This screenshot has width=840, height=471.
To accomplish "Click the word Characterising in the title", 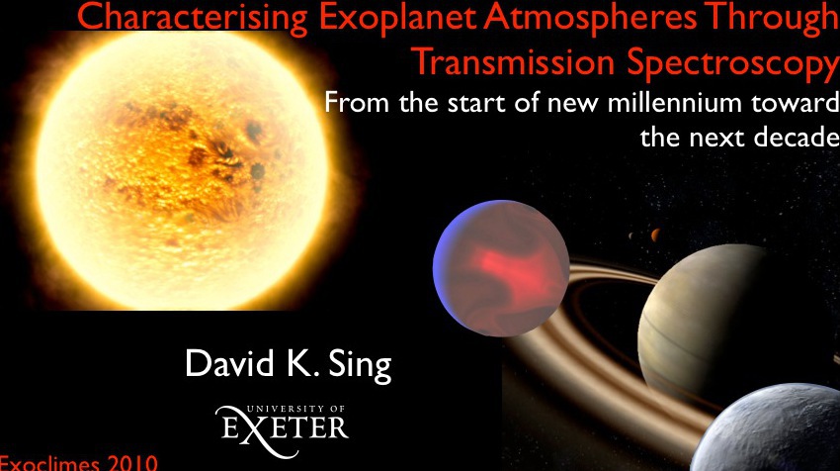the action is pyautogui.click(x=193, y=17).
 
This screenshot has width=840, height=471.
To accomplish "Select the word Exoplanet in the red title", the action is pyautogui.click(x=397, y=17).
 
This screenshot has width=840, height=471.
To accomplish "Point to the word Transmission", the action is pyautogui.click(x=514, y=61).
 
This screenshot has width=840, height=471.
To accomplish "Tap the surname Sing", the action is pyautogui.click(x=360, y=365).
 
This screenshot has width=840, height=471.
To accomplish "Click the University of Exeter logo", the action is pyautogui.click(x=283, y=430).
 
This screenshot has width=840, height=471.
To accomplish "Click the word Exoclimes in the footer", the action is pyautogui.click(x=49, y=463).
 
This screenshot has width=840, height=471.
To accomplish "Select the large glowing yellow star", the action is pyautogui.click(x=181, y=170).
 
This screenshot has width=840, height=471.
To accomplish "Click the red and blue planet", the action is pyautogui.click(x=501, y=268).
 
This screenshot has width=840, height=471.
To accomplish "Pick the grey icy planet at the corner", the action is pyautogui.click(x=772, y=429).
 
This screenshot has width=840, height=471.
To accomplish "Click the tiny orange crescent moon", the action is pyautogui.click(x=655, y=235).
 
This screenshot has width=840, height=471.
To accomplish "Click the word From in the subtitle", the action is pyautogui.click(x=357, y=102).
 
